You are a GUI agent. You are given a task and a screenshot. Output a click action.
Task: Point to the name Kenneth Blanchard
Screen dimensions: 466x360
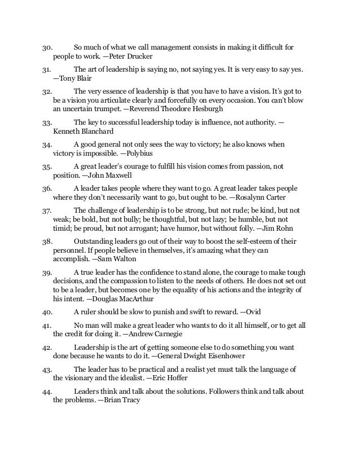pos(79,130)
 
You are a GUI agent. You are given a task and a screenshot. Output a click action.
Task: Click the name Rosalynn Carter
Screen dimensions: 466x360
pos(259,197)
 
